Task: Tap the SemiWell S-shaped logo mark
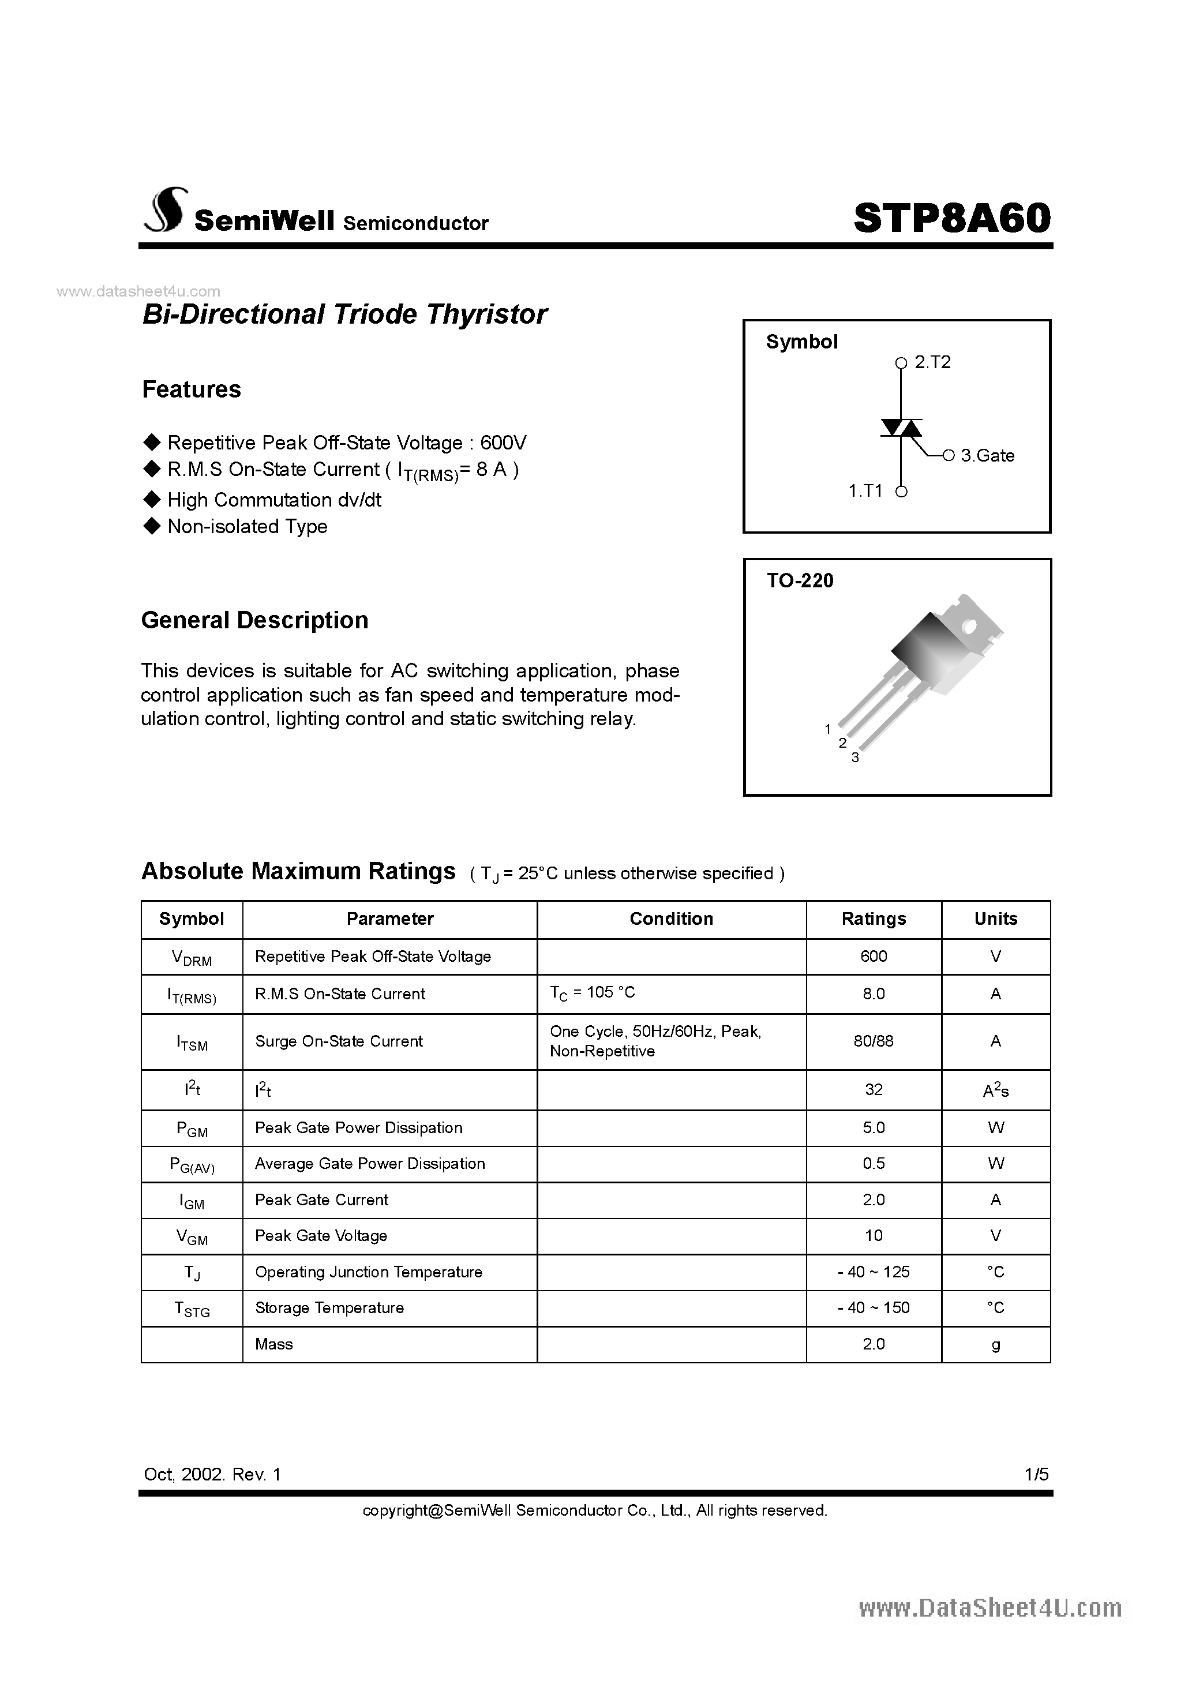pos(166,211)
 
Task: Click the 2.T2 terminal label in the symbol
pos(932,362)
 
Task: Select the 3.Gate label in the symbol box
pos(987,456)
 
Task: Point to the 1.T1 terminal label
pos(865,491)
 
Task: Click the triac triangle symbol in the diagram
pos(902,428)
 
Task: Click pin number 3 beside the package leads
pos(854,758)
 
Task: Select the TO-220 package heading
pos(800,580)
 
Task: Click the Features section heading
pos(191,389)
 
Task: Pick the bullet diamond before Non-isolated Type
pos(152,526)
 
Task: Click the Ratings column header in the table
pos(873,919)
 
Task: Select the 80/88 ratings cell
pos(873,1041)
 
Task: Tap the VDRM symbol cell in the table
pos(191,957)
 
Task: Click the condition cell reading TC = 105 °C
pos(593,993)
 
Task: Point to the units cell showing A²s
pos(995,1090)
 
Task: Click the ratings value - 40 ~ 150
pos(873,1308)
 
